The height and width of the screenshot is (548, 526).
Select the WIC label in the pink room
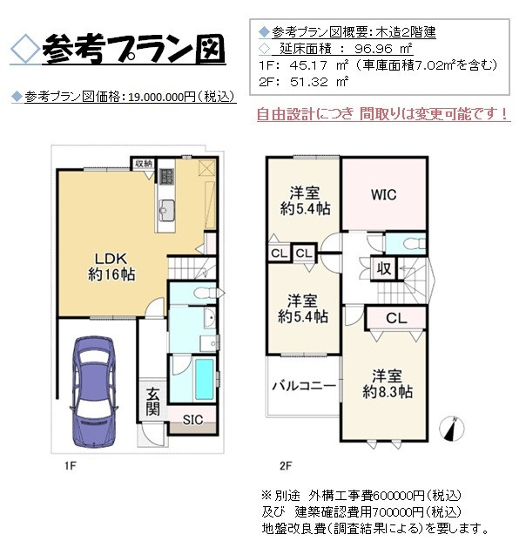coord(383,194)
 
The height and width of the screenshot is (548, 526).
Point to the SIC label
coord(192,419)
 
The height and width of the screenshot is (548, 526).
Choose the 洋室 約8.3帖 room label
coord(388,383)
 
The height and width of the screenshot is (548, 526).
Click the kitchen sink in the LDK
coord(167,209)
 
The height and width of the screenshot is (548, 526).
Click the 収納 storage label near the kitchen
coord(143,163)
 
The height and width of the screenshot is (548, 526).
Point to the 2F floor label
coord(285,467)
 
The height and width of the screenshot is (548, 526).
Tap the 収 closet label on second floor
coord(383,269)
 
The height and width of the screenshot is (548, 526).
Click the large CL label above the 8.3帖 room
coord(394,318)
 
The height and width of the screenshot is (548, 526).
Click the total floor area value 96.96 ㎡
coord(381,48)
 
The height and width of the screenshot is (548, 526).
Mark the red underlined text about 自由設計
coord(382,114)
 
